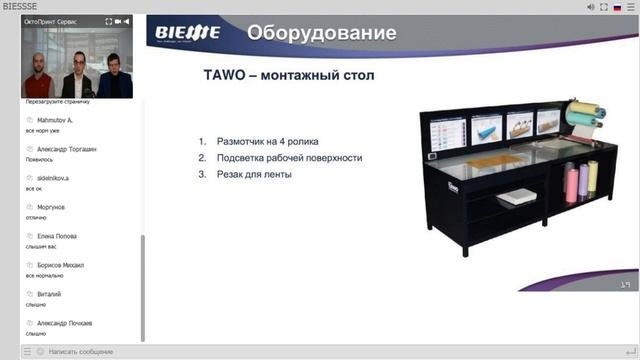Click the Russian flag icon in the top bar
tap(602, 7)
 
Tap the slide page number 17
tap(623, 285)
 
